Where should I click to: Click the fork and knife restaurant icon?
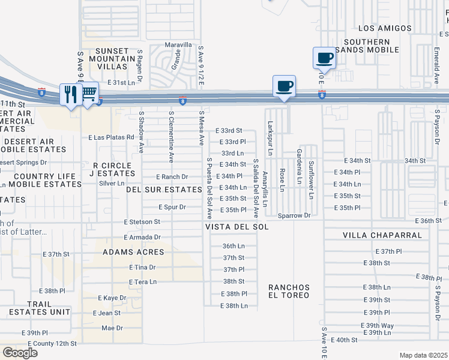tap(70, 94)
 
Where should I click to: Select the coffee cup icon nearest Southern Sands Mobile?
tap(324, 58)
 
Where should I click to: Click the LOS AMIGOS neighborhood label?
tap(385, 28)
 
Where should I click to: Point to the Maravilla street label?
tap(179, 45)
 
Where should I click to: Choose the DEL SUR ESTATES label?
tap(163, 189)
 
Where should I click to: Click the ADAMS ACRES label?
tap(133, 252)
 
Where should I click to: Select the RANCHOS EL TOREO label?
tap(289, 291)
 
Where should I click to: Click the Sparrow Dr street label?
tap(294, 215)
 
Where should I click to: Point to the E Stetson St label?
tap(142, 221)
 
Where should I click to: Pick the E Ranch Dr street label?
tap(172, 177)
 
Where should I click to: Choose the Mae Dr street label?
tap(112, 328)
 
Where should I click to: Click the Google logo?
tap(20, 353)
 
